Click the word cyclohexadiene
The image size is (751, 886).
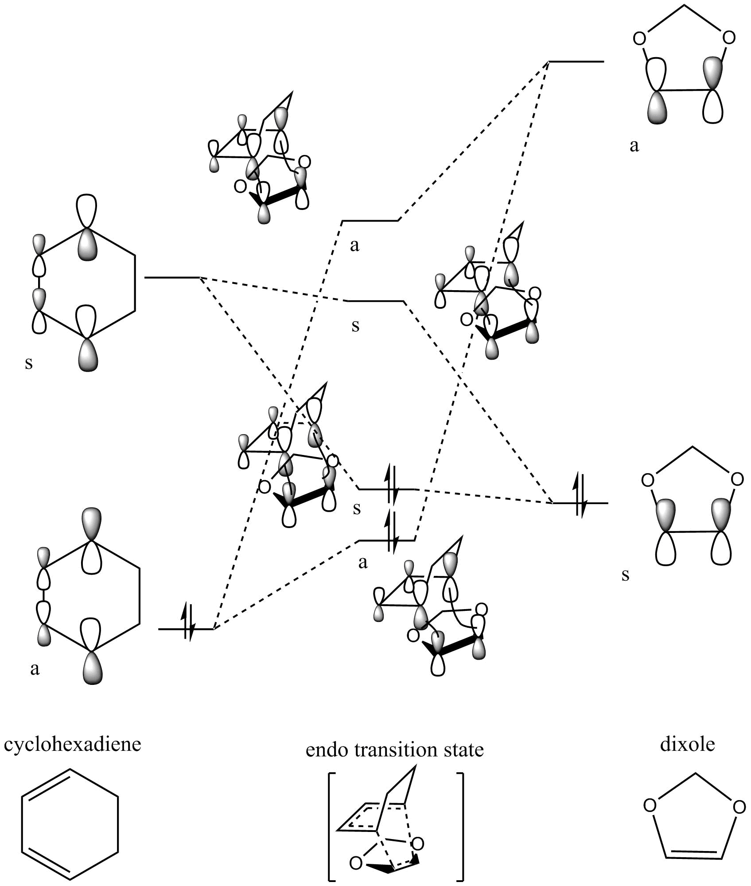click(x=72, y=744)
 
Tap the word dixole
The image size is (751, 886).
click(x=687, y=744)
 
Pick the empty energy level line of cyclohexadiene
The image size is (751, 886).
click(x=172, y=278)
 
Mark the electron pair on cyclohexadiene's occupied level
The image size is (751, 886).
click(x=188, y=628)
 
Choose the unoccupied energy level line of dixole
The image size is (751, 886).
click(x=576, y=62)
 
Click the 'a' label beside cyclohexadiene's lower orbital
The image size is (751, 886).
click(x=35, y=668)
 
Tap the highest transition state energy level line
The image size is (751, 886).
click(x=370, y=220)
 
